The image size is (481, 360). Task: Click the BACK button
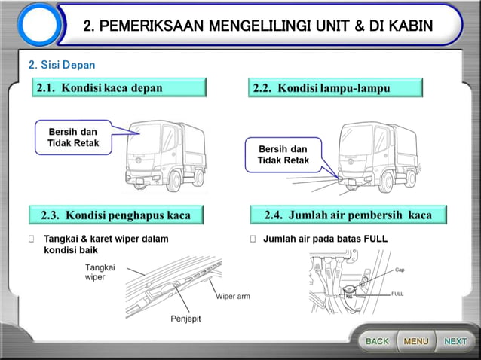pos(376,341)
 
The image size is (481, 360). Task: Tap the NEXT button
pos(455,341)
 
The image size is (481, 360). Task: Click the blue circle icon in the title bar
pos(38,26)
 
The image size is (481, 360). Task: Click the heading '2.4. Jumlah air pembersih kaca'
pos(348,215)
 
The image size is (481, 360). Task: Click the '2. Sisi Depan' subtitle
pos(62,65)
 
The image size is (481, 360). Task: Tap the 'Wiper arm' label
pos(232,296)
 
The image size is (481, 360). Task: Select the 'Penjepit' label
pos(185,319)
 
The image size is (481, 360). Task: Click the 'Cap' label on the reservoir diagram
pos(400,269)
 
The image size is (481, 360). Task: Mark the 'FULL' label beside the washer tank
pos(397,294)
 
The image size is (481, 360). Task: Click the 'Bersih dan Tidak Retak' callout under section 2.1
pos(73,137)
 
